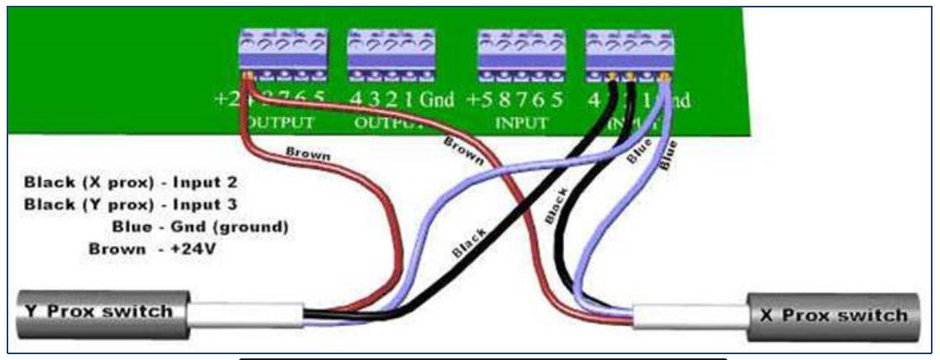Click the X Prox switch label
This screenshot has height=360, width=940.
coord(833,315)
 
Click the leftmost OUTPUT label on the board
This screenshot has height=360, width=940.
coord(281,123)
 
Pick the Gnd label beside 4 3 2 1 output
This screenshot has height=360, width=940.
coord(437,100)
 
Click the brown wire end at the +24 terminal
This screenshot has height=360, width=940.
coord(247,78)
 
